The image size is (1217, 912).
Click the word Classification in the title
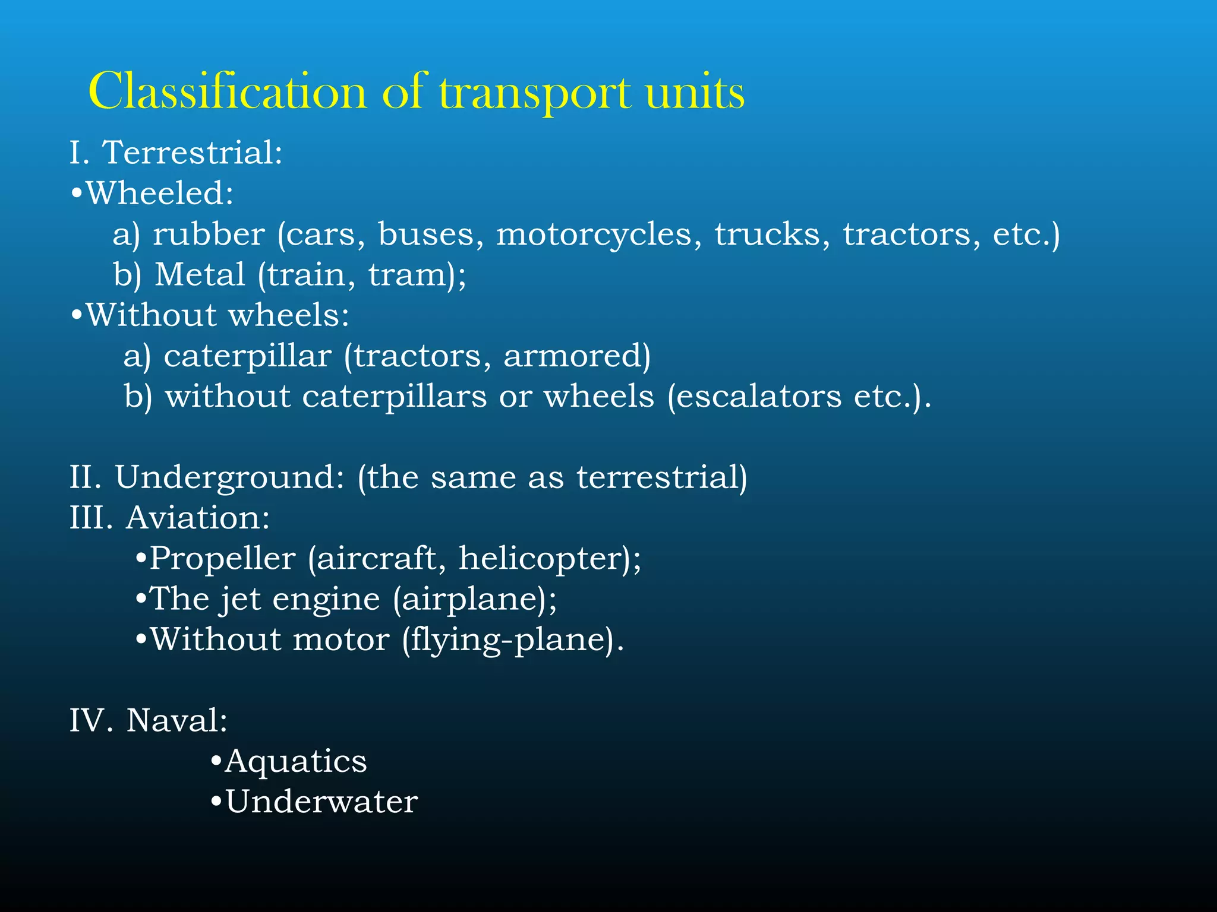pyautogui.click(x=228, y=91)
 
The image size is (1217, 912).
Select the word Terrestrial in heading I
pyautogui.click(x=193, y=153)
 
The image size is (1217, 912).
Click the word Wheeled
pyautogui.click(x=159, y=194)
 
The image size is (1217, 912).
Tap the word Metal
pyautogui.click(x=200, y=275)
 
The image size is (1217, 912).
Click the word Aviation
pyautogui.click(x=198, y=518)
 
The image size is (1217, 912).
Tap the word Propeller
pyautogui.click(x=222, y=559)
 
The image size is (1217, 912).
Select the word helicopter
pyautogui.click(x=540, y=559)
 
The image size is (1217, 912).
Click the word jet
pyautogui.click(x=241, y=600)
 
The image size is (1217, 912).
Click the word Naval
pyautogui.click(x=176, y=721)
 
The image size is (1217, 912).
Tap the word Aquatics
pyautogui.click(x=295, y=762)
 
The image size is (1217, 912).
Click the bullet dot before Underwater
pyautogui.click(x=216, y=802)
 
